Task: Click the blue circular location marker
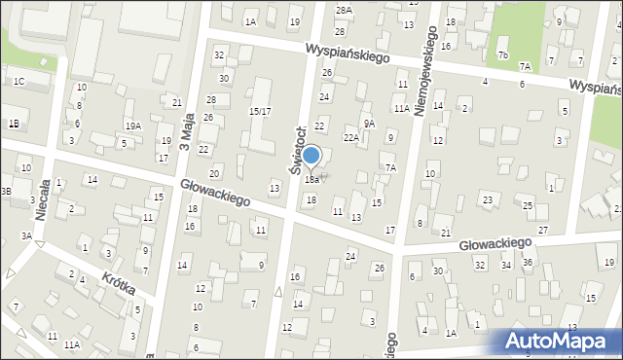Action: pos(311,156)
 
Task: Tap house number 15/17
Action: pos(260,112)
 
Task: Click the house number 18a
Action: pos(311,180)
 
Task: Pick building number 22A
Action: pos(351,138)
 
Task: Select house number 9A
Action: pos(369,124)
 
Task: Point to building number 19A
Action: pos(132,126)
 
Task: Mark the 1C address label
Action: pos(18,81)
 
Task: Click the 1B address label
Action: pos(14,124)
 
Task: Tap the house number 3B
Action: pos(6,192)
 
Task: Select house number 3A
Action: pos(27,236)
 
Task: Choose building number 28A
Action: pos(343,10)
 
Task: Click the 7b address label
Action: pos(502,55)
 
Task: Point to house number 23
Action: pos(487,199)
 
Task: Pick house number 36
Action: pos(527,264)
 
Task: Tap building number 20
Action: pos(214,172)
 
